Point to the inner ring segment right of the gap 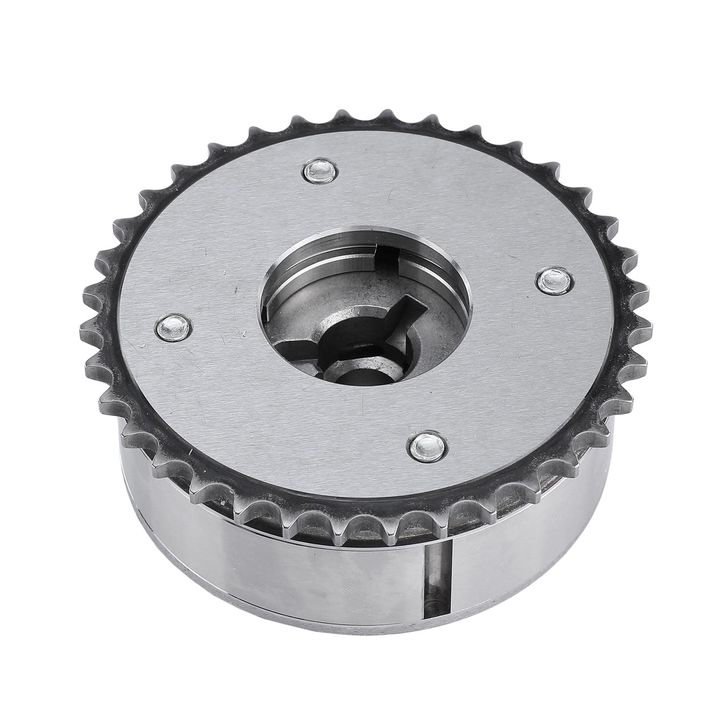421,263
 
